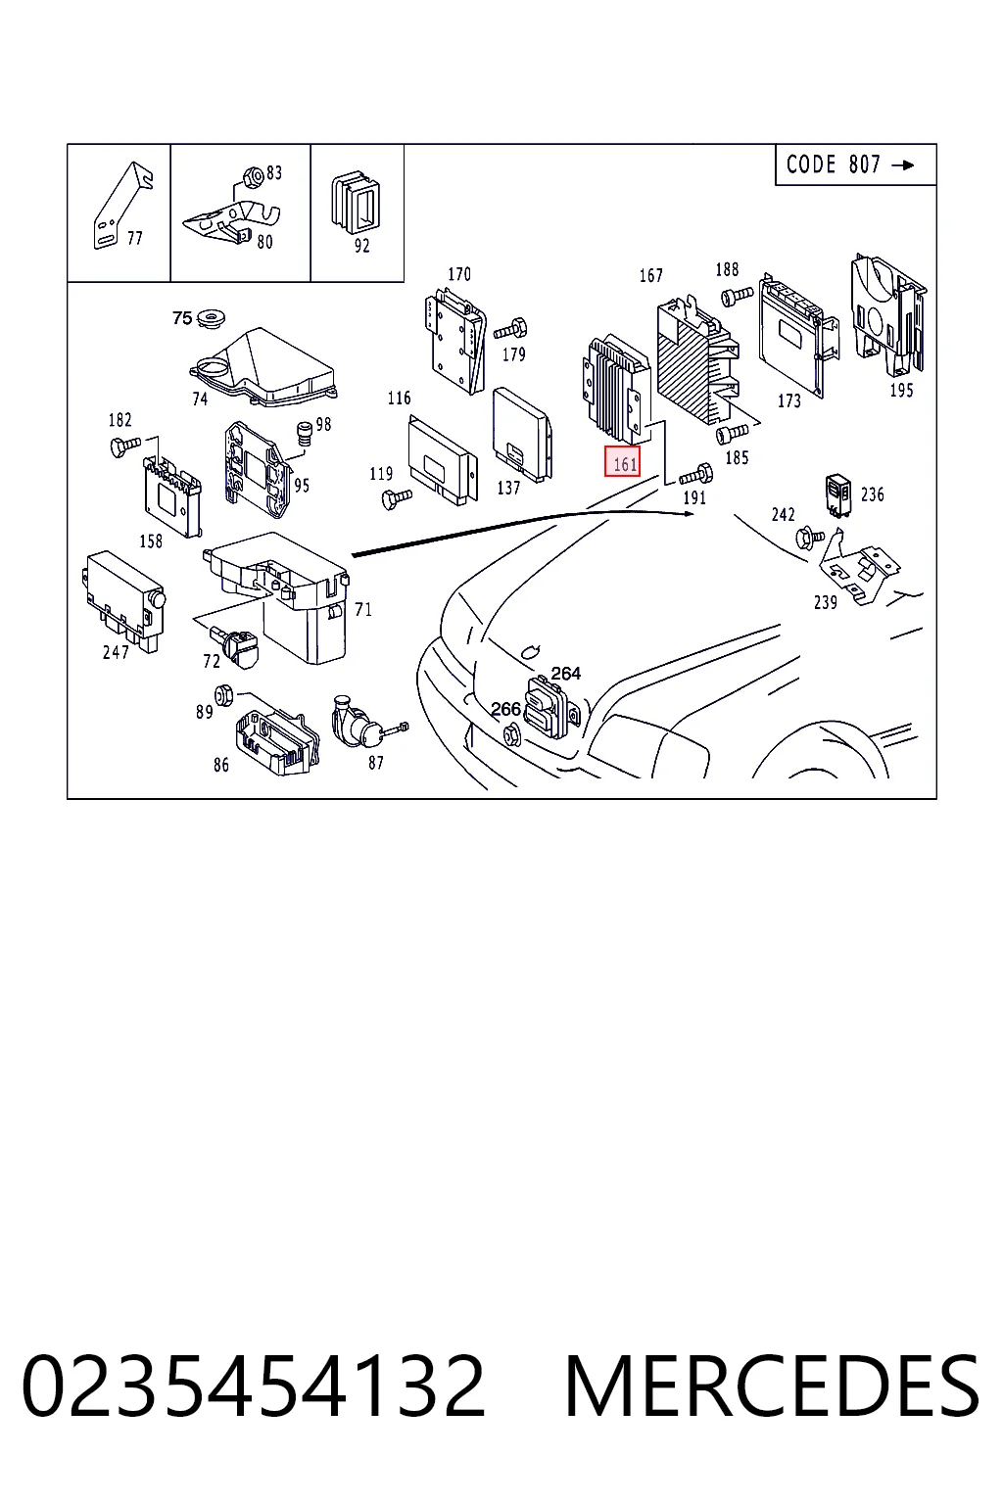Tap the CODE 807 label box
[x=855, y=164]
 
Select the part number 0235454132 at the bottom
[x=254, y=1386]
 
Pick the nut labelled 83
[x=254, y=177]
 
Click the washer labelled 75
[x=212, y=317]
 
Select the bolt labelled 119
[x=397, y=498]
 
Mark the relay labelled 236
[x=837, y=496]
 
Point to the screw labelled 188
[x=737, y=296]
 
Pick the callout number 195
[x=901, y=390]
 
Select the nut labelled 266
[x=511, y=735]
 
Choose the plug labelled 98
[x=306, y=434]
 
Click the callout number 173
[x=789, y=400]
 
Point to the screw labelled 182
[x=125, y=446]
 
